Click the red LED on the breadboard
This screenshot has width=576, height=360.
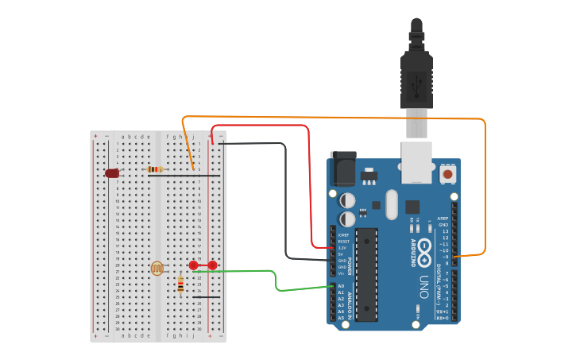(x=112, y=172)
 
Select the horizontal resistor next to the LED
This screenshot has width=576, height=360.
(x=156, y=169)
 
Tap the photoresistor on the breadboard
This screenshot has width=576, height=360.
(x=157, y=269)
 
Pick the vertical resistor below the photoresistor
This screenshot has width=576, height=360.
(x=180, y=284)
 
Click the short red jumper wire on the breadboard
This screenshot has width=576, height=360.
(x=203, y=265)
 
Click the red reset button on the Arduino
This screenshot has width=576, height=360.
(x=448, y=173)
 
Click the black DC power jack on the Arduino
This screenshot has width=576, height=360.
(x=342, y=168)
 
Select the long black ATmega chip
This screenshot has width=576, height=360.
(x=366, y=274)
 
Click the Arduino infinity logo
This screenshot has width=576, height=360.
(x=425, y=246)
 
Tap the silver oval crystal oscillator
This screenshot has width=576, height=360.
(x=390, y=203)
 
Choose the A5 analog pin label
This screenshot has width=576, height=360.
(x=341, y=318)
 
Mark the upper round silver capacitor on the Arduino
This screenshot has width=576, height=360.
(x=348, y=199)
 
